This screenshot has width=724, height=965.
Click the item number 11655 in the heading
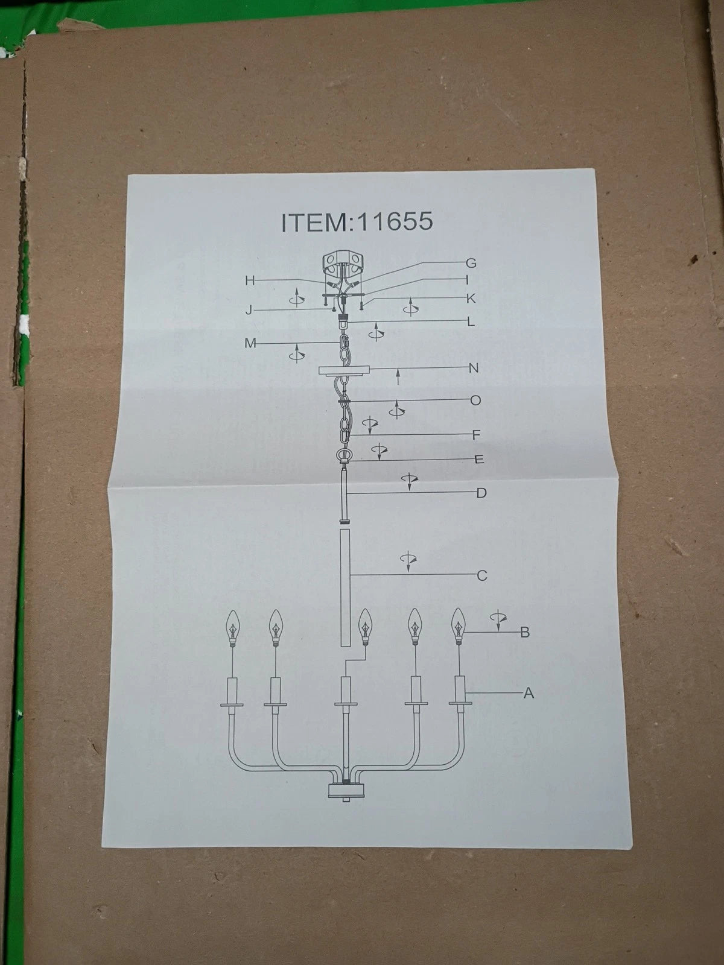point(395,221)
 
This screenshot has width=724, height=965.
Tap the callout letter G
point(471,264)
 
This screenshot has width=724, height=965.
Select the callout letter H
point(250,280)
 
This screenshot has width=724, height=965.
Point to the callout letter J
point(249,311)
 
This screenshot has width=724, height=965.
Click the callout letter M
point(250,343)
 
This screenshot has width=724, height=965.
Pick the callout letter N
point(474,368)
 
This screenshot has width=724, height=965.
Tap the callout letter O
point(475,400)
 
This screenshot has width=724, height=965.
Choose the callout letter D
point(481,493)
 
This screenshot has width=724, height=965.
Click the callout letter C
point(482,575)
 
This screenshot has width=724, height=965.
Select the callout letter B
point(525,632)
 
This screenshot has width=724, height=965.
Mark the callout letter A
point(529,694)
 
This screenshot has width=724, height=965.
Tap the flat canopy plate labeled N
point(344,370)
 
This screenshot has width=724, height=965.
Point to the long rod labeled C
point(346,587)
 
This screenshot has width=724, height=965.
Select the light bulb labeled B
point(458,626)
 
